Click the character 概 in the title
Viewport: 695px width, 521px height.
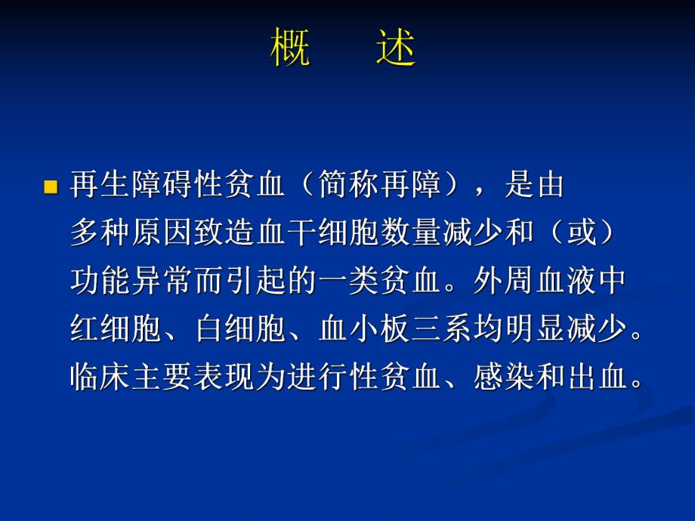(x=290, y=50)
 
